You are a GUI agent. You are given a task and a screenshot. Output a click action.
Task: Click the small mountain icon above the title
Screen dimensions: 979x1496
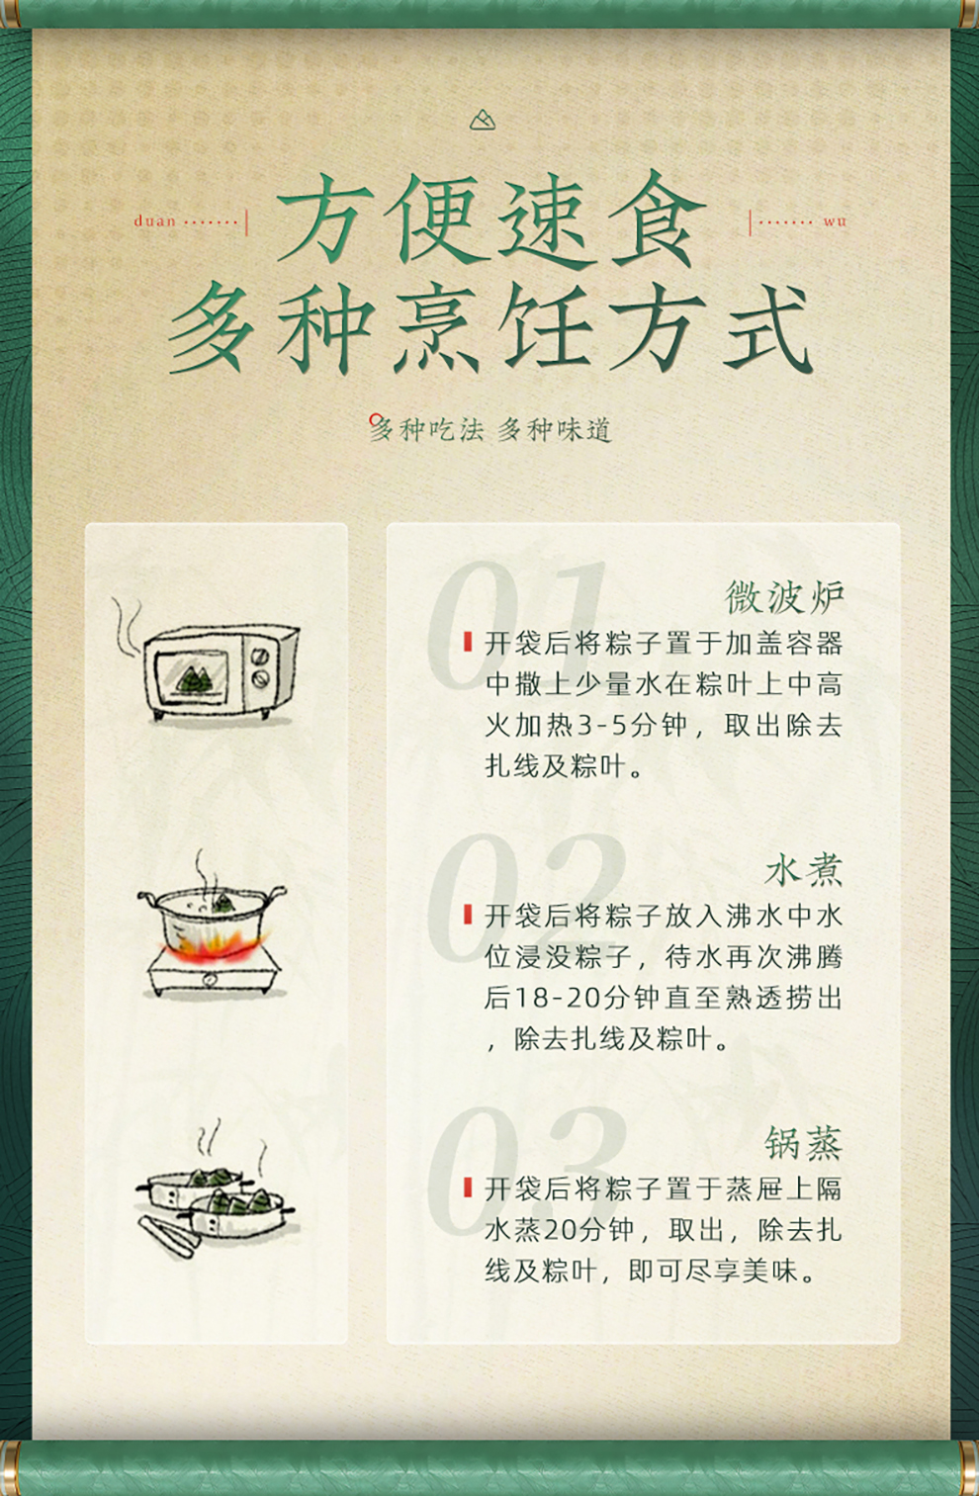coord(483,121)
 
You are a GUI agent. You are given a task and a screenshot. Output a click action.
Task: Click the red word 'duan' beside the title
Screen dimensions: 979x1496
coord(154,221)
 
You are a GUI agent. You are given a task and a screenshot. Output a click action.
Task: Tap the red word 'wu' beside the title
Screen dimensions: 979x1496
coord(834,221)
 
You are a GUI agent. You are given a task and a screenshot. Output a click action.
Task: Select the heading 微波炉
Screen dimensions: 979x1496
coord(784,596)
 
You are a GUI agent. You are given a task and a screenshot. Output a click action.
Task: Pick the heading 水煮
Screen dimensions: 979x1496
coord(804,870)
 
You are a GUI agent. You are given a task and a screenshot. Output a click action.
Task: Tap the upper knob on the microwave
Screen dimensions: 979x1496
coord(260,657)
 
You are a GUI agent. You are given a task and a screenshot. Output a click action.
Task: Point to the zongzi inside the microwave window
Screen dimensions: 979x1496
coord(195,679)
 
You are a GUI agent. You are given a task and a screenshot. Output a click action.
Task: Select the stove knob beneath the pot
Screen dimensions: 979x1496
coord(211,980)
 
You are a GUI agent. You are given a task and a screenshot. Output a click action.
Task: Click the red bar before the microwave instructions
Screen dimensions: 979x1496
coord(468,642)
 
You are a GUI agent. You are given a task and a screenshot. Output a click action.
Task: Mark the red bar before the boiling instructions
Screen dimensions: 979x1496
coord(468,915)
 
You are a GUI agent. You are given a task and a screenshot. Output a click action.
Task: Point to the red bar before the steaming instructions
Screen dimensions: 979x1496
coord(468,1188)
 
